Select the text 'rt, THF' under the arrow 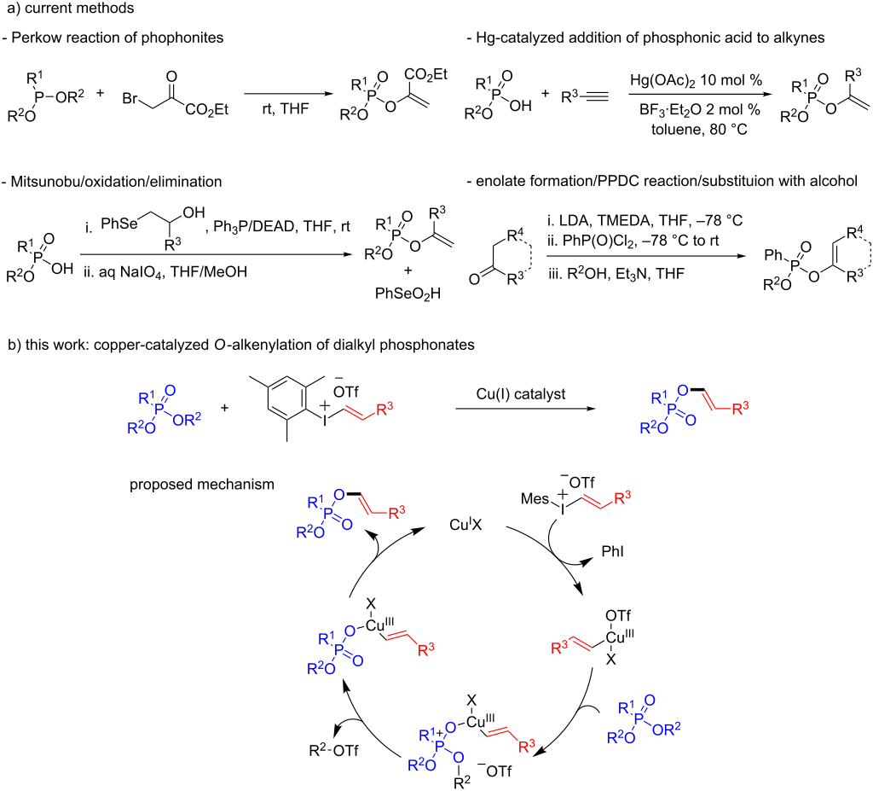pyautogui.click(x=285, y=108)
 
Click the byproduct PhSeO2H pyautogui.click(x=408, y=294)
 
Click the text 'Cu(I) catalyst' pyautogui.click(x=521, y=394)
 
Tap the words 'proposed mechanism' pyautogui.click(x=202, y=485)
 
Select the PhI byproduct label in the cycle pyautogui.click(x=612, y=551)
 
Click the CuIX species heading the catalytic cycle pyautogui.click(x=465, y=525)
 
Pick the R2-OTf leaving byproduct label pyautogui.click(x=333, y=750)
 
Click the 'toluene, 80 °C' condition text pyautogui.click(x=699, y=130)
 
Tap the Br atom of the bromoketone pyautogui.click(x=130, y=99)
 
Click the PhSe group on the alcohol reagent pyautogui.click(x=119, y=224)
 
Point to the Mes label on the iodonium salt pyautogui.click(x=535, y=499)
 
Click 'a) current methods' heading pyautogui.click(x=67, y=9)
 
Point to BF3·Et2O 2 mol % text pyautogui.click(x=699, y=110)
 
